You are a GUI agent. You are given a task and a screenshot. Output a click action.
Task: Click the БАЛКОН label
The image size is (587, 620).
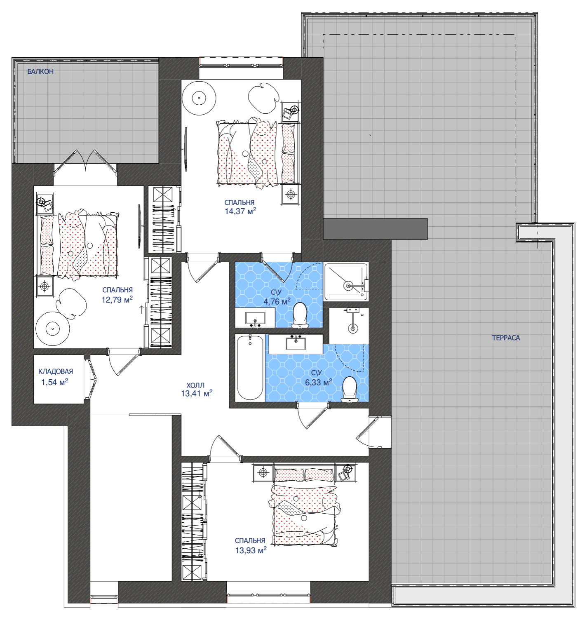coord(40,72)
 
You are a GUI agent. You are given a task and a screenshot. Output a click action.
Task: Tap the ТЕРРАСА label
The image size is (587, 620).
coord(506,338)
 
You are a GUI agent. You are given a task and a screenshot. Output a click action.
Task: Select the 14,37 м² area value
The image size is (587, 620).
coord(240,211)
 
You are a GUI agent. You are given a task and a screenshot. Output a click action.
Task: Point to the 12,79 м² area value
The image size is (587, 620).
coord(117,299)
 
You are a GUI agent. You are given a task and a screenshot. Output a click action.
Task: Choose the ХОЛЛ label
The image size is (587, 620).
coord(195,385)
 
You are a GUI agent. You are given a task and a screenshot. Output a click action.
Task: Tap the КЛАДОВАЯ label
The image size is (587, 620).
coord(56,371)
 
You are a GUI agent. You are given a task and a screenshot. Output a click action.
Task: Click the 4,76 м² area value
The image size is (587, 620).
coord(277,301)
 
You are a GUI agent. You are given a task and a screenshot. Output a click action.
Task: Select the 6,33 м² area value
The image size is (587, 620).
coord(318,382)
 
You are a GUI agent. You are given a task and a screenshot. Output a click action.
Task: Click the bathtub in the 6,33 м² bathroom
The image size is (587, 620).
coord(250,368)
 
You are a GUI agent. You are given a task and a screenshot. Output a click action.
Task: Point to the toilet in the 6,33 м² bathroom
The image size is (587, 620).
coord(349,389)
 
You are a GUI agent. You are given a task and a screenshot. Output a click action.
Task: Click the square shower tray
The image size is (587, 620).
coord(346,282)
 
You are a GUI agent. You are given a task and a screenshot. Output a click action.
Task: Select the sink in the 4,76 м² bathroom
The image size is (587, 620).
coord(255,318)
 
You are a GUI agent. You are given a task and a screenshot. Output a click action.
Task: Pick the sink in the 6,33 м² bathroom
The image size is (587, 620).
coord(296,343)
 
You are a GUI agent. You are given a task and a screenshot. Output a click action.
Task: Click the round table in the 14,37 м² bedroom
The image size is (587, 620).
coord(199,98)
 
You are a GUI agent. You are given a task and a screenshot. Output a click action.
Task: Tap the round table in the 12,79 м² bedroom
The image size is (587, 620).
coord(52,329)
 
